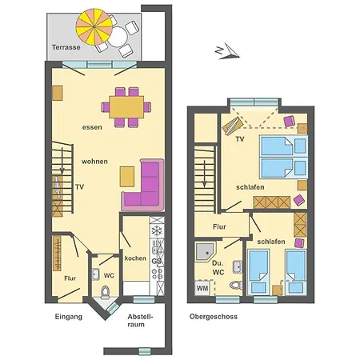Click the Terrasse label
point(65,48)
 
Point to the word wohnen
point(94,161)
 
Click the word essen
point(92,127)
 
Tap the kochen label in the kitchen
point(134,257)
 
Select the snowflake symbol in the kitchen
point(157,228)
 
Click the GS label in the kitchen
point(157,261)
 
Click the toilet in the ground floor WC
point(95,276)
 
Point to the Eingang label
point(70,317)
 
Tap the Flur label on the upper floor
point(219,226)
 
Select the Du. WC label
point(218,266)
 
